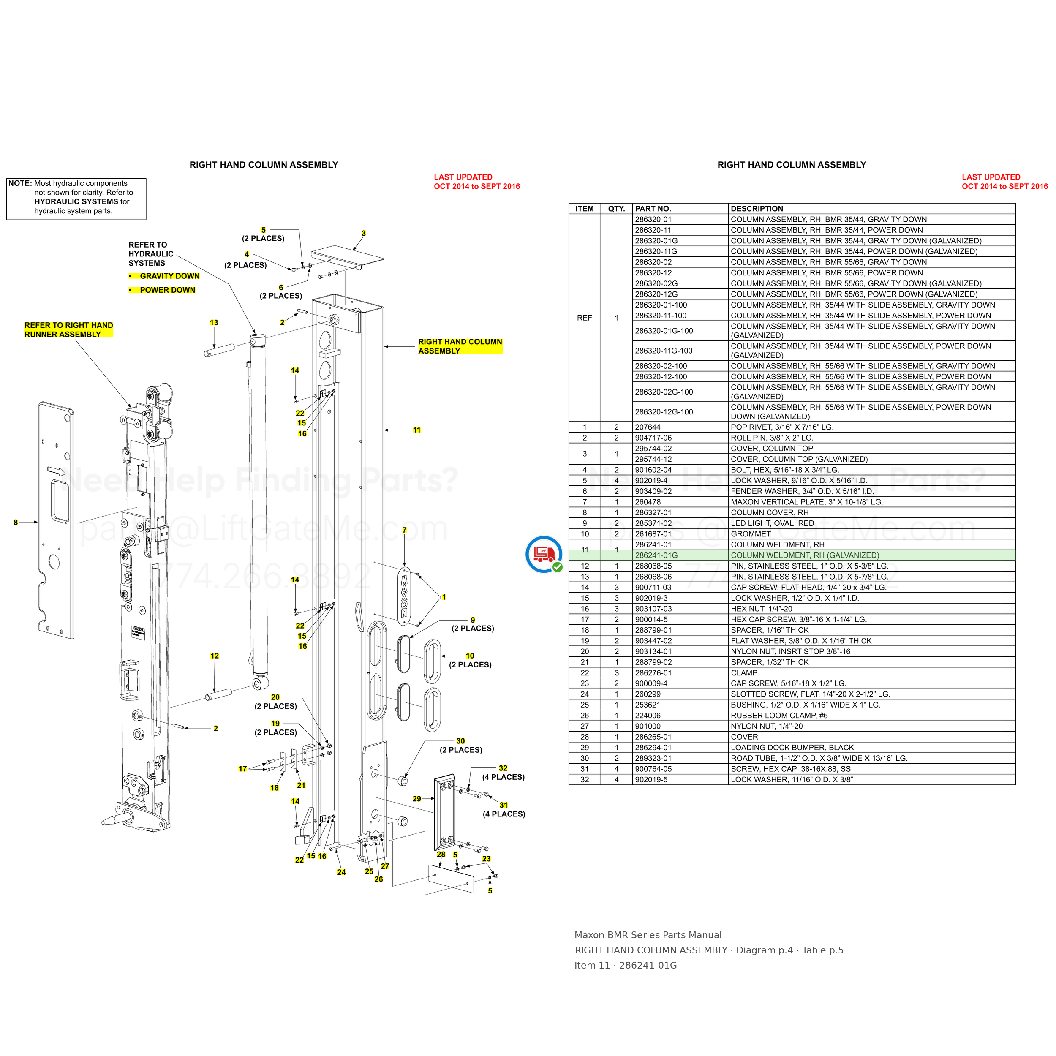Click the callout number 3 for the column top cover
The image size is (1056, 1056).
[364, 234]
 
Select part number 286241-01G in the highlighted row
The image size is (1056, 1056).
[656, 555]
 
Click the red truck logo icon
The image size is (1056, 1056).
[544, 554]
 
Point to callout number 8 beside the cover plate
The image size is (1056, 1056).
[16, 523]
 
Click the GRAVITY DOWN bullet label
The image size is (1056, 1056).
[169, 276]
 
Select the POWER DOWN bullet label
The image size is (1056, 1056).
[167, 290]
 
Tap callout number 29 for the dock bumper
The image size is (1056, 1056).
[417, 799]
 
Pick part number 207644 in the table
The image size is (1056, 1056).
[648, 427]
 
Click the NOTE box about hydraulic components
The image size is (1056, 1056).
[76, 199]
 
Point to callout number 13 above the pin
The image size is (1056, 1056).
[214, 323]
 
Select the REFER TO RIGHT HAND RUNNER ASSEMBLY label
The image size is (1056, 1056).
[69, 329]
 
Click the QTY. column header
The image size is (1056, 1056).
[617, 209]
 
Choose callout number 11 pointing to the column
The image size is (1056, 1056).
[417, 430]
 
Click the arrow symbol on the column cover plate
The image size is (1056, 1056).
[56, 471]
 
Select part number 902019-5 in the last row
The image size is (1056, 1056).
[651, 780]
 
